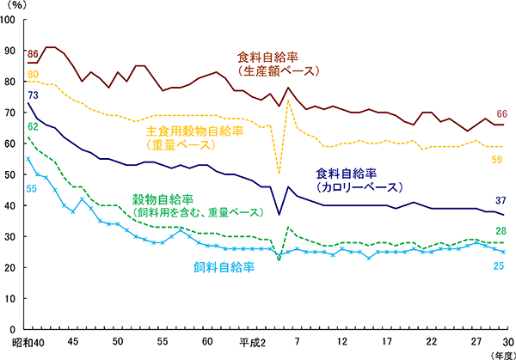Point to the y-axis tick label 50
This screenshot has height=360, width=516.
[10, 174]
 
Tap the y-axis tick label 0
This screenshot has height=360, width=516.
[13, 329]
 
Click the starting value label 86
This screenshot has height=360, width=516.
[34, 56]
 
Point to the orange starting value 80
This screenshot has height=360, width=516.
[34, 75]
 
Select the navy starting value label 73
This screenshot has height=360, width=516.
[34, 95]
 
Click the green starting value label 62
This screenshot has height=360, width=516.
[34, 127]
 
